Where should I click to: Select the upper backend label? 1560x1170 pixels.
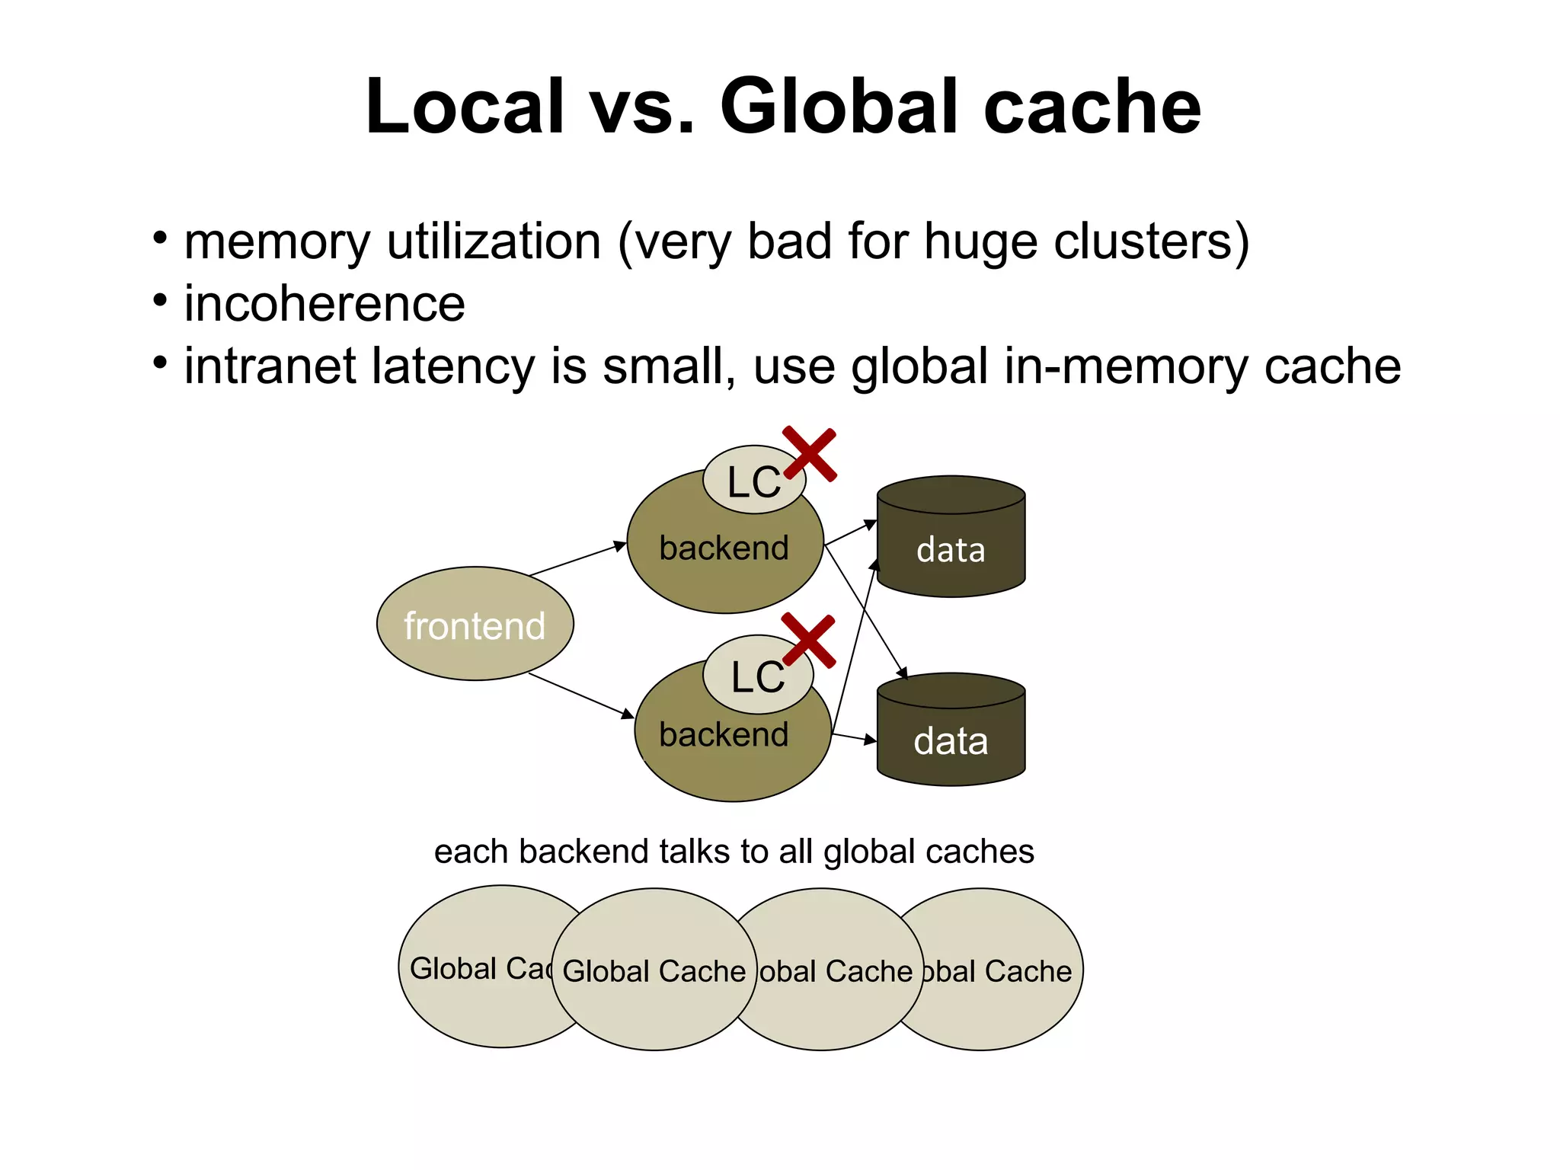(724, 548)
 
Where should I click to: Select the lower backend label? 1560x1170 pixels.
(724, 735)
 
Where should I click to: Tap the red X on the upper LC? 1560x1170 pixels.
(810, 454)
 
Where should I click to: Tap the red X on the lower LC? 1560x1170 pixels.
(809, 641)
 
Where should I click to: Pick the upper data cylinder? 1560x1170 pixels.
(951, 548)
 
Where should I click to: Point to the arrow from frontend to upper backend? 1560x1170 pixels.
(577, 559)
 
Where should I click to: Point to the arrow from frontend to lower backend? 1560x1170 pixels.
(580, 695)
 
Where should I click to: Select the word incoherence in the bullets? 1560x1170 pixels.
(324, 304)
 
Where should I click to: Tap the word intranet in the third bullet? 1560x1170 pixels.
(270, 366)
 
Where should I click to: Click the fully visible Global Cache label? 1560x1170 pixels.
(654, 971)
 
